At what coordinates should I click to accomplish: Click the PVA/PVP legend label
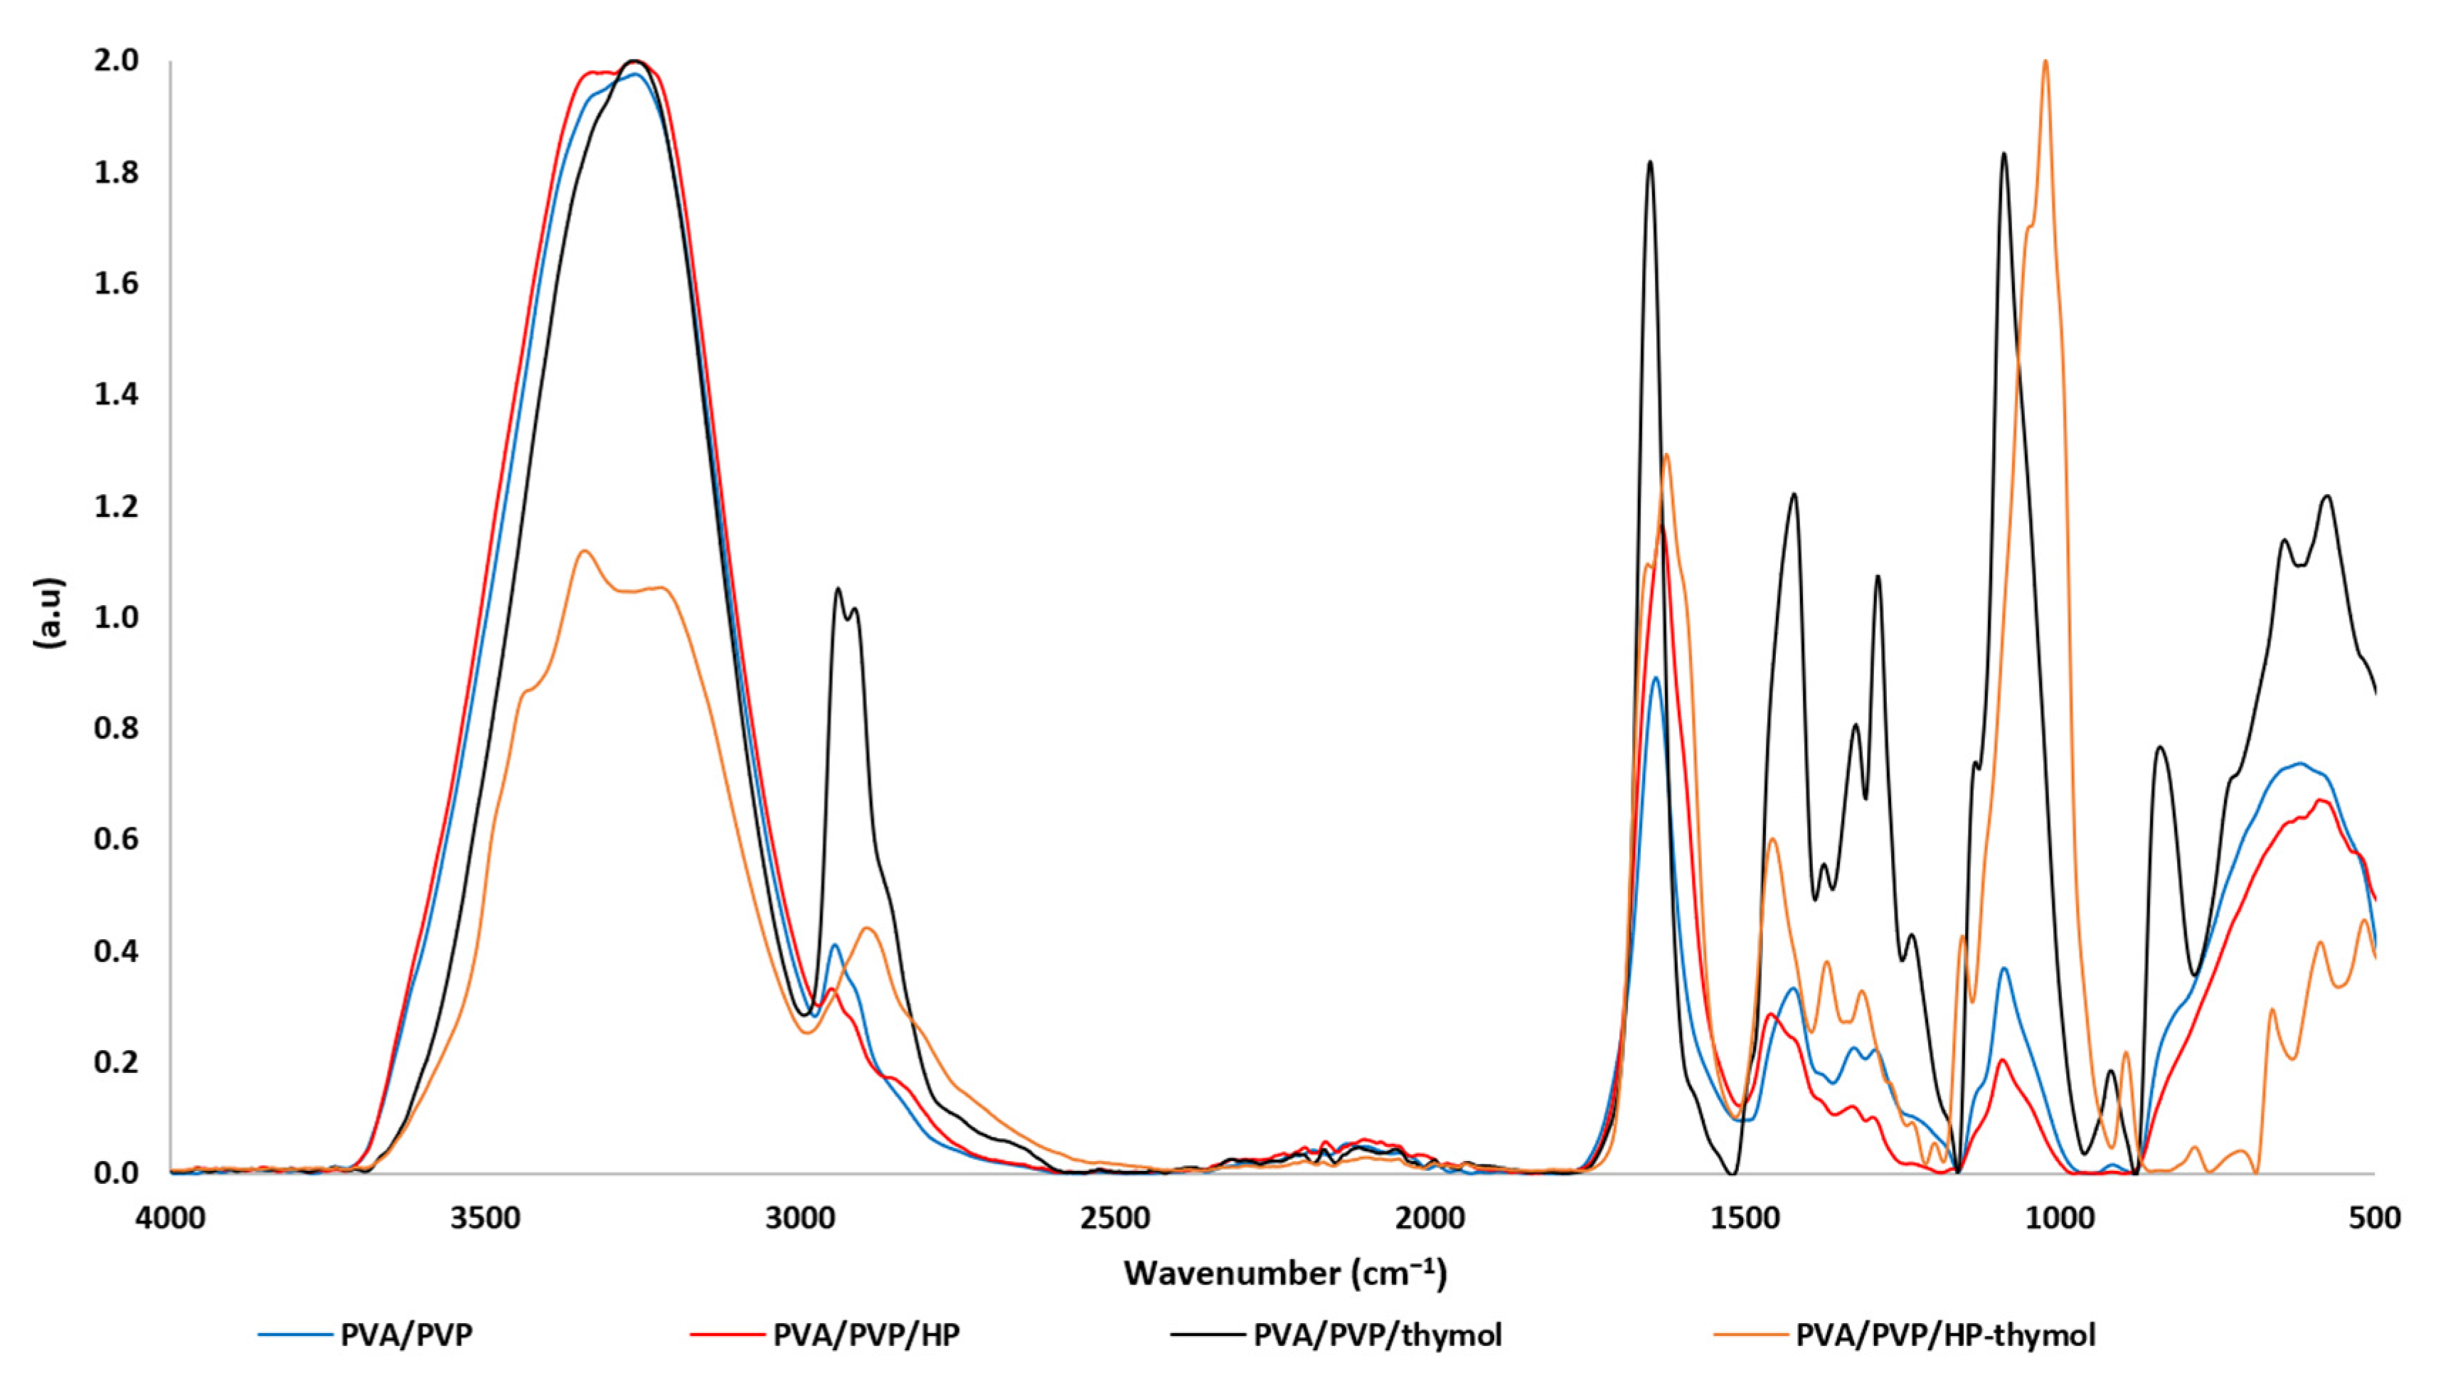point(405,1334)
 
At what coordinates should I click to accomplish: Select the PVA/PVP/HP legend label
point(866,1334)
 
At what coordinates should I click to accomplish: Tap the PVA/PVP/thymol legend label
point(1378,1334)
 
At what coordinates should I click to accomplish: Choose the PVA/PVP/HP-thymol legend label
point(1946,1334)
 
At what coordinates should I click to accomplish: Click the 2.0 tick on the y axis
point(117,61)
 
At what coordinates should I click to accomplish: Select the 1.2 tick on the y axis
point(117,507)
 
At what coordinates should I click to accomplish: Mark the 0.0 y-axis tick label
point(117,1173)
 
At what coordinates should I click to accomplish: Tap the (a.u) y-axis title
point(50,613)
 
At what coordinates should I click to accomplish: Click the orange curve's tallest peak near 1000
point(2045,63)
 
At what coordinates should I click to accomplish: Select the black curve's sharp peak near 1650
point(1650,164)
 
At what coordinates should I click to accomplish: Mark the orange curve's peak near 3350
point(585,552)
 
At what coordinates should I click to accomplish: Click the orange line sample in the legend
point(1749,1334)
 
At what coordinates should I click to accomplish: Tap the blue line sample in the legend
point(294,1334)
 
